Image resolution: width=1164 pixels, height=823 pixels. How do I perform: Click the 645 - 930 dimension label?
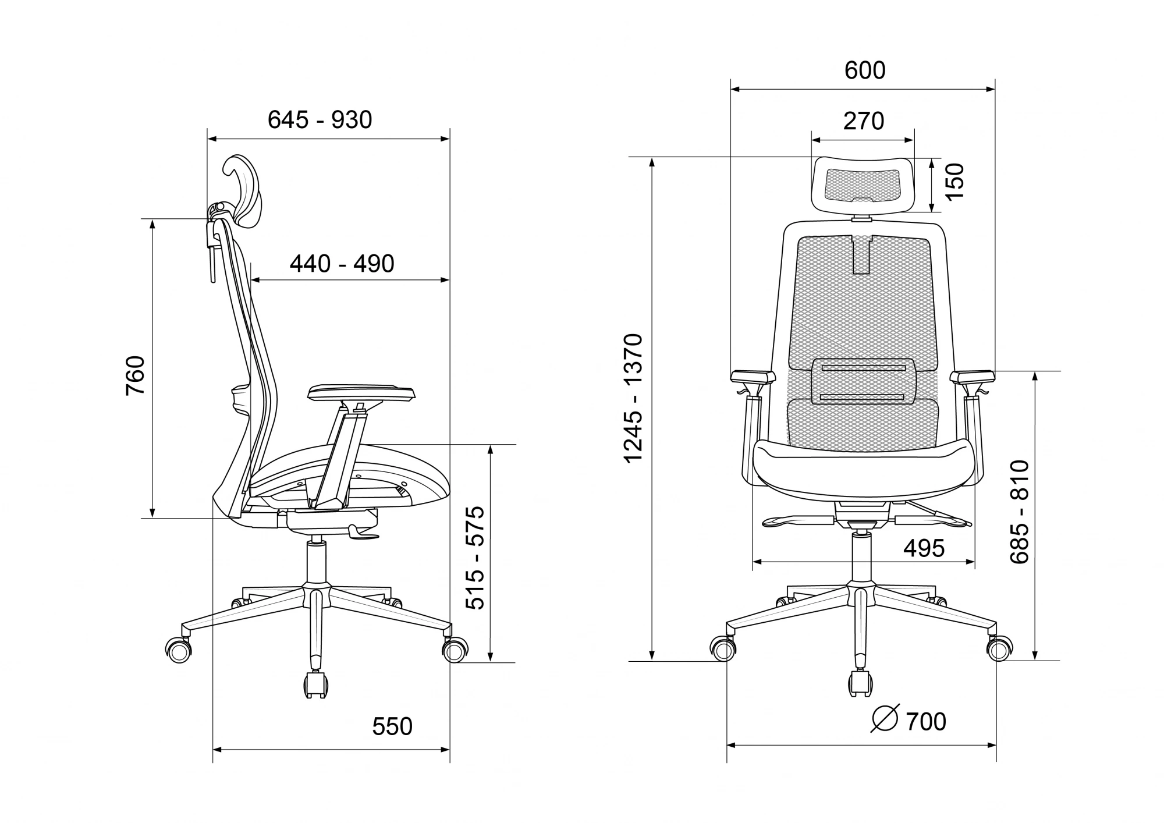point(320,120)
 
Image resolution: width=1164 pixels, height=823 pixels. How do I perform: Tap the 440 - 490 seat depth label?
point(342,264)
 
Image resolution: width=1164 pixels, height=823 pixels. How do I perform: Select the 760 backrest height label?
point(135,375)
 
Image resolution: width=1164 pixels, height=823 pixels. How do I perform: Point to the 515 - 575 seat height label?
point(475,558)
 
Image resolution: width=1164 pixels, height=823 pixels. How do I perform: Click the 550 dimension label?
point(392,726)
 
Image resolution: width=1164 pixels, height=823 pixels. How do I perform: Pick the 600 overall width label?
point(865,70)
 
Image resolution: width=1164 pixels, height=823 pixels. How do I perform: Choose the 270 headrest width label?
point(864,121)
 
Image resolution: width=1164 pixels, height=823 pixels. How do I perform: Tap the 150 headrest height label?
point(954,181)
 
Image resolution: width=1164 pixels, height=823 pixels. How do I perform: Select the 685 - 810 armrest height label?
point(1020,512)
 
